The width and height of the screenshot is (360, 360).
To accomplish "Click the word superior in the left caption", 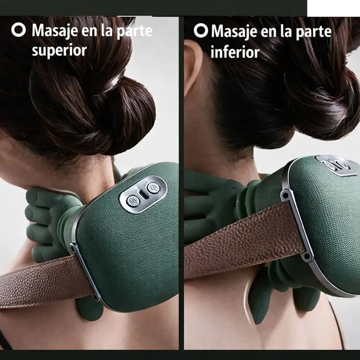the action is [x=59, y=50].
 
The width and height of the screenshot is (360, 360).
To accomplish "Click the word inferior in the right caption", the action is [x=235, y=52].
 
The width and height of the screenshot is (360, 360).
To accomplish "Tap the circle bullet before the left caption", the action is [x=18, y=30].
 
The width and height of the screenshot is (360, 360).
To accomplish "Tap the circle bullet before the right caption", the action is [x=201, y=31].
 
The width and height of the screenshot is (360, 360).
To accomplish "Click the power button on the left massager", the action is [x=153, y=188].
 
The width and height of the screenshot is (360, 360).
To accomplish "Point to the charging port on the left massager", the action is [x=144, y=195].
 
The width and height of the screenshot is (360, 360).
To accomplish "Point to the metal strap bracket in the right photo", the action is [x=296, y=225].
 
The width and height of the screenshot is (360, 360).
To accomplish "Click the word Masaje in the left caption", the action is [x=54, y=31].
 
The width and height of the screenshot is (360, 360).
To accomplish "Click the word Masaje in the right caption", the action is [x=234, y=31].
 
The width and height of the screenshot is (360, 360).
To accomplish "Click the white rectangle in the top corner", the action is [x=333, y=8].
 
